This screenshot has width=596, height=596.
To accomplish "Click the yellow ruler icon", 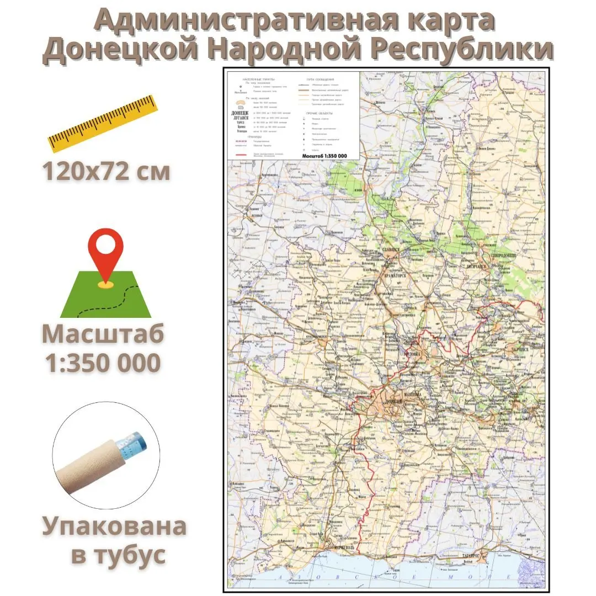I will pyautogui.click(x=102, y=124).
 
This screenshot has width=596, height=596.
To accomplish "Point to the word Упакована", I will pyautogui.click(x=114, y=527).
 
